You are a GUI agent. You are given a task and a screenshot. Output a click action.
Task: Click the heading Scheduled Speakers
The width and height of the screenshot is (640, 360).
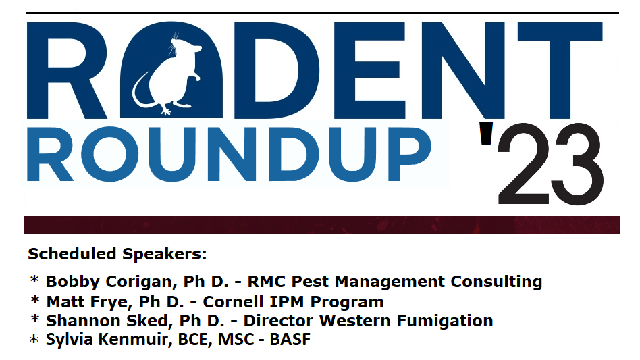117,255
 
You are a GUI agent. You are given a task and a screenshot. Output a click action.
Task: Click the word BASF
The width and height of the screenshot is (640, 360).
290,340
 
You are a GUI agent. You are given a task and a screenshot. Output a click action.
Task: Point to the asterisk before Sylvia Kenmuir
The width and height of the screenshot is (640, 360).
34,340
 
